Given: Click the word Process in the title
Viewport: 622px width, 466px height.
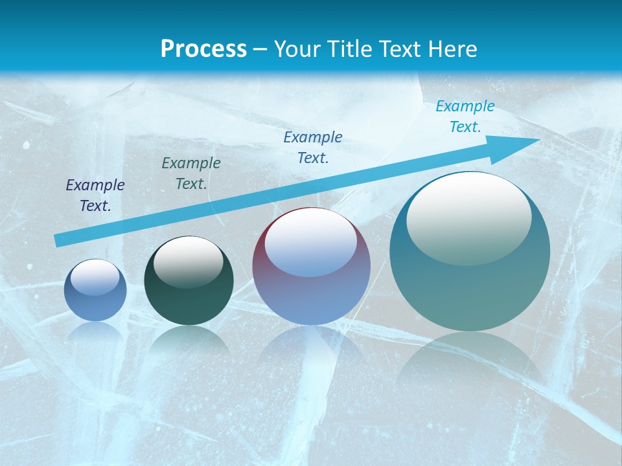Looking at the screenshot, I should click(203, 49).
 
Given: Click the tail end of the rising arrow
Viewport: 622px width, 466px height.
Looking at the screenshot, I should click(60, 240).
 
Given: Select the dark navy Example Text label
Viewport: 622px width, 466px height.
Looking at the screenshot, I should click(95, 195).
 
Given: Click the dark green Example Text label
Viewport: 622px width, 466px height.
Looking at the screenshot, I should click(191, 173).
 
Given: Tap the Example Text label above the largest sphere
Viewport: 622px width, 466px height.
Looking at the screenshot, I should click(465, 116).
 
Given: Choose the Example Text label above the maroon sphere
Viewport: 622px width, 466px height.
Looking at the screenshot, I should click(313, 148).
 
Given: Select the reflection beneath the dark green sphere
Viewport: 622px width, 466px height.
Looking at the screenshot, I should click(189, 340).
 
